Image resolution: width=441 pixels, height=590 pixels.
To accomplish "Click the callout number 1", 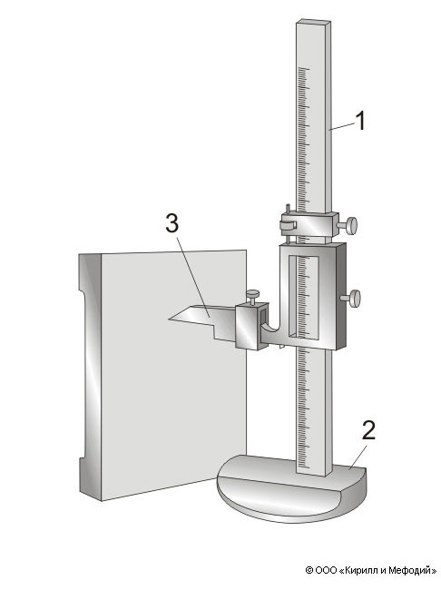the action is click(x=360, y=121).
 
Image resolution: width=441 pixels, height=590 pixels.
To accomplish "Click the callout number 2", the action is click(x=368, y=430).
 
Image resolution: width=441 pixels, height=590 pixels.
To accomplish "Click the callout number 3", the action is click(x=172, y=223).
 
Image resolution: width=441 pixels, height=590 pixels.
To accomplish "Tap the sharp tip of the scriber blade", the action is click(x=169, y=320).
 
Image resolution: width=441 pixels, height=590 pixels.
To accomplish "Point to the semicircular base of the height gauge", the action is click(x=291, y=488).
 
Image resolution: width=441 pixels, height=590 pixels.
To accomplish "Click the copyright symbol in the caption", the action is click(x=309, y=570).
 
